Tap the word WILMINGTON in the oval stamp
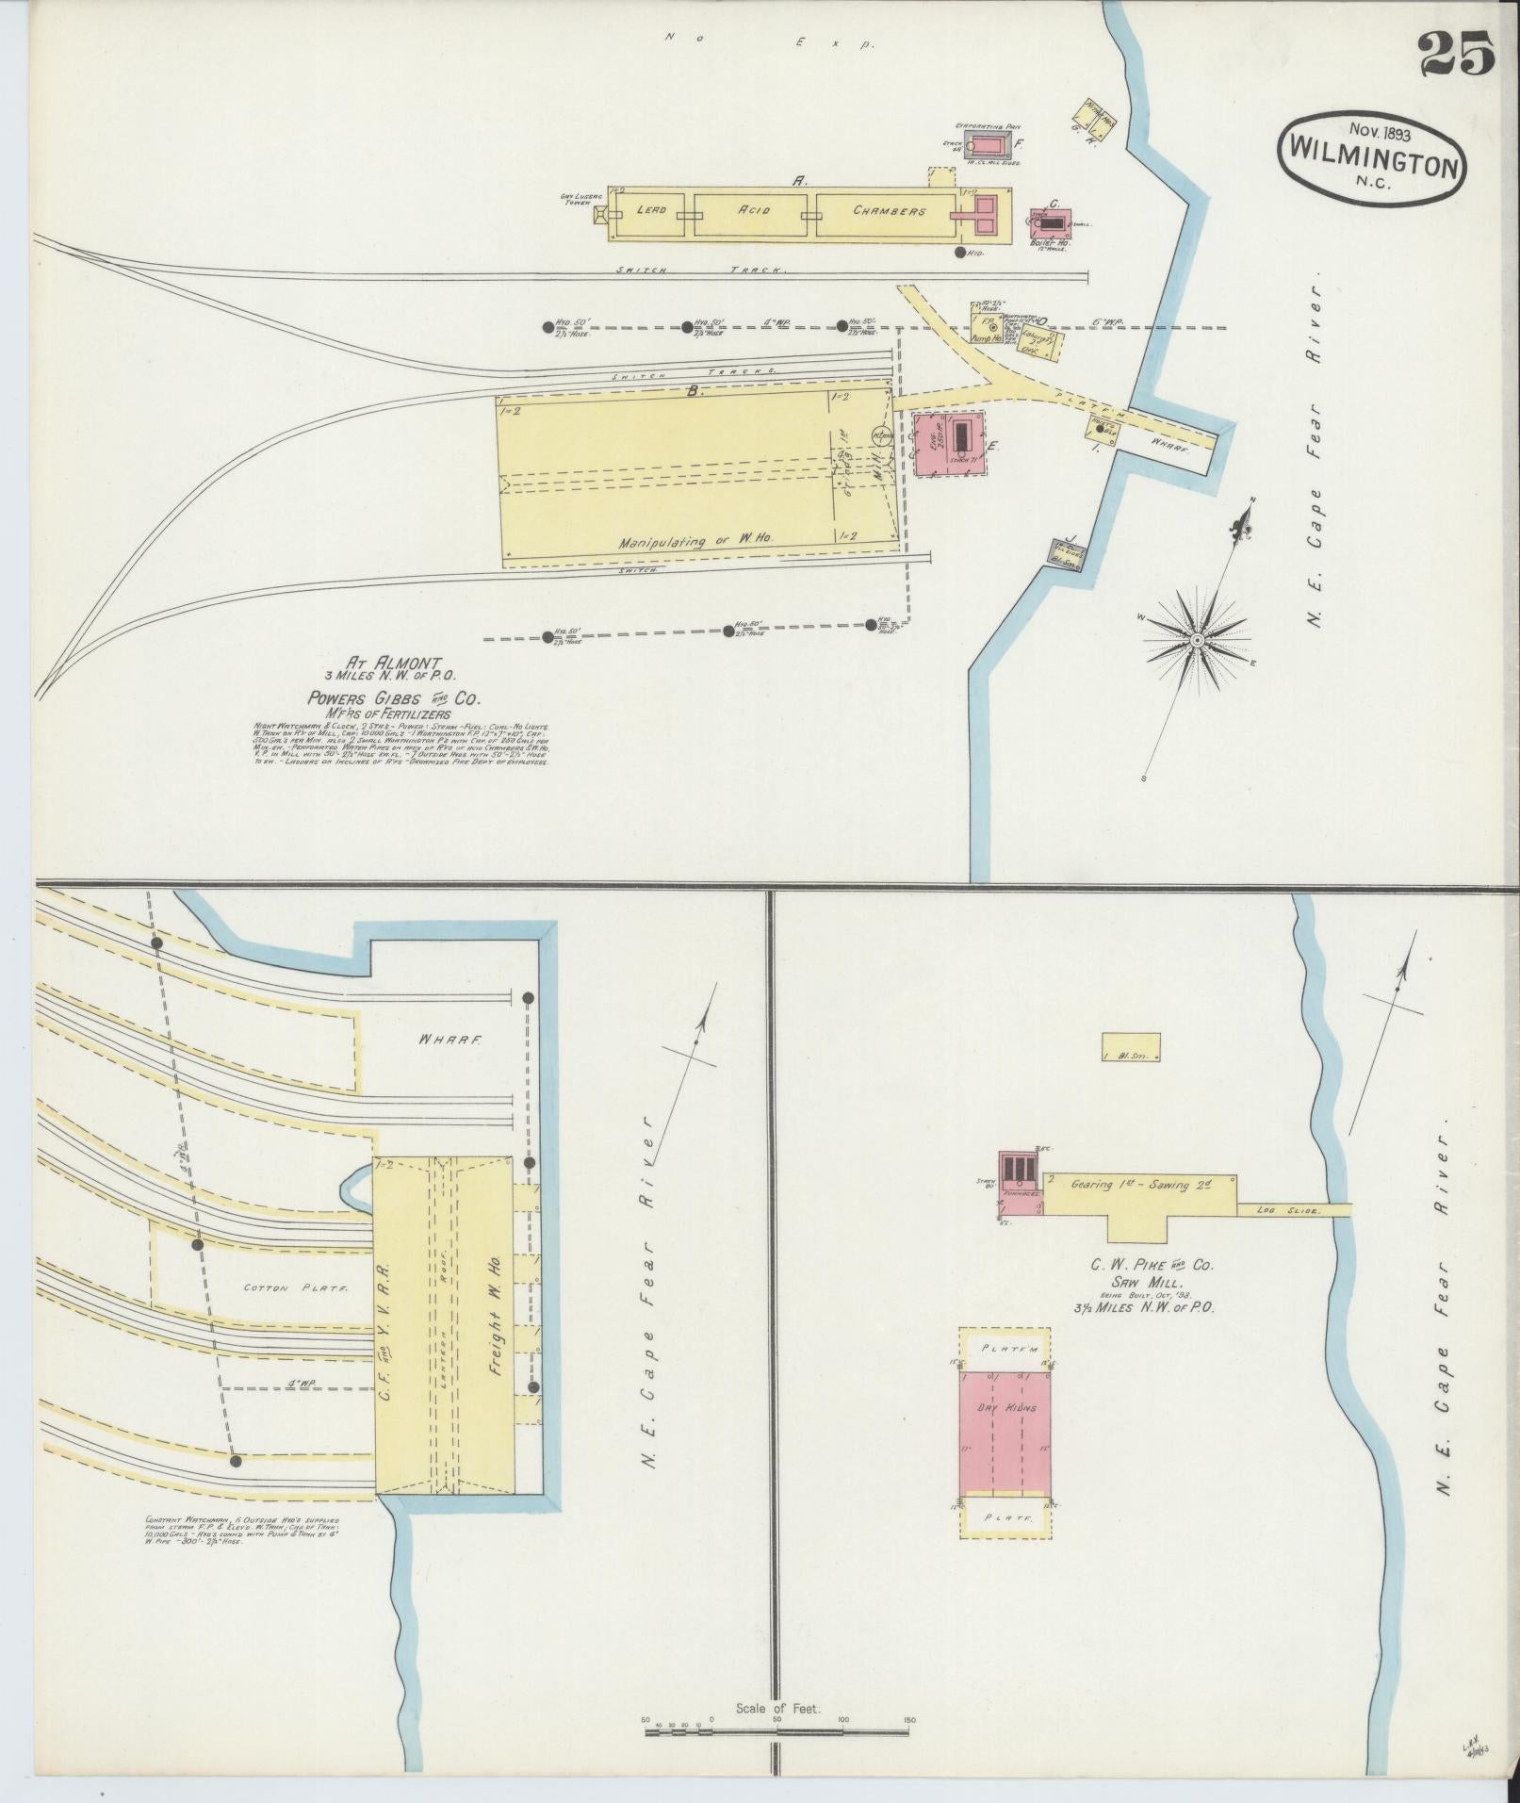(1371, 168)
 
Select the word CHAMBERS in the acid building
(889, 210)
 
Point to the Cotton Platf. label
(269, 1287)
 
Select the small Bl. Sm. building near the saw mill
(1131, 1046)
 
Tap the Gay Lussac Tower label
(577, 200)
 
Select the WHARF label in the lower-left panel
(452, 1041)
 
